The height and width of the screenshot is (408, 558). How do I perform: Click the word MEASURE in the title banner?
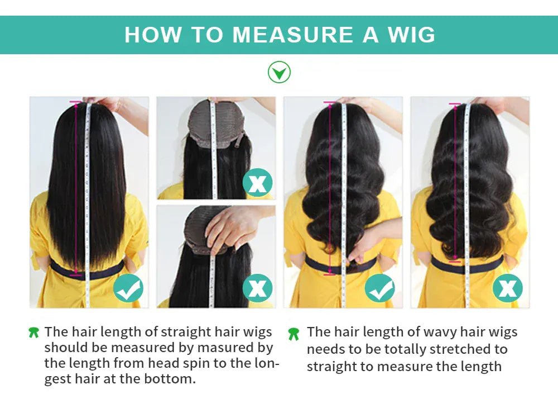coord(293,35)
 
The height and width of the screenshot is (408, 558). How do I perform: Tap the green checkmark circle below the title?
coord(279,72)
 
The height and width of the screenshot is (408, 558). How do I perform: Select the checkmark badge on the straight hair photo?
coord(128,288)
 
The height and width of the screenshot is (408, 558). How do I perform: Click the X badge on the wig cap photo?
coord(257,183)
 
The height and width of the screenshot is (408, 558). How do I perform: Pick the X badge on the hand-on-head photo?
coord(257,288)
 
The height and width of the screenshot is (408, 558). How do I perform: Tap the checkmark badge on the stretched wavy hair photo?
coord(380,288)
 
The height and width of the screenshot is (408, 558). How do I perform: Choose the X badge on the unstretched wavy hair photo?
coord(507,288)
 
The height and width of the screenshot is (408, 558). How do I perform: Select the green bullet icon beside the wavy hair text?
coord(294,334)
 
